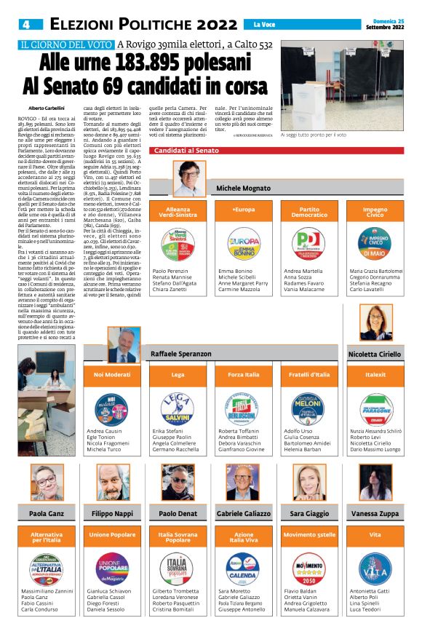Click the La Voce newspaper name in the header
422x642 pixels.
pos(283,25)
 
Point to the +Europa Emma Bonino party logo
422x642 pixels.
pos(244,245)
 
